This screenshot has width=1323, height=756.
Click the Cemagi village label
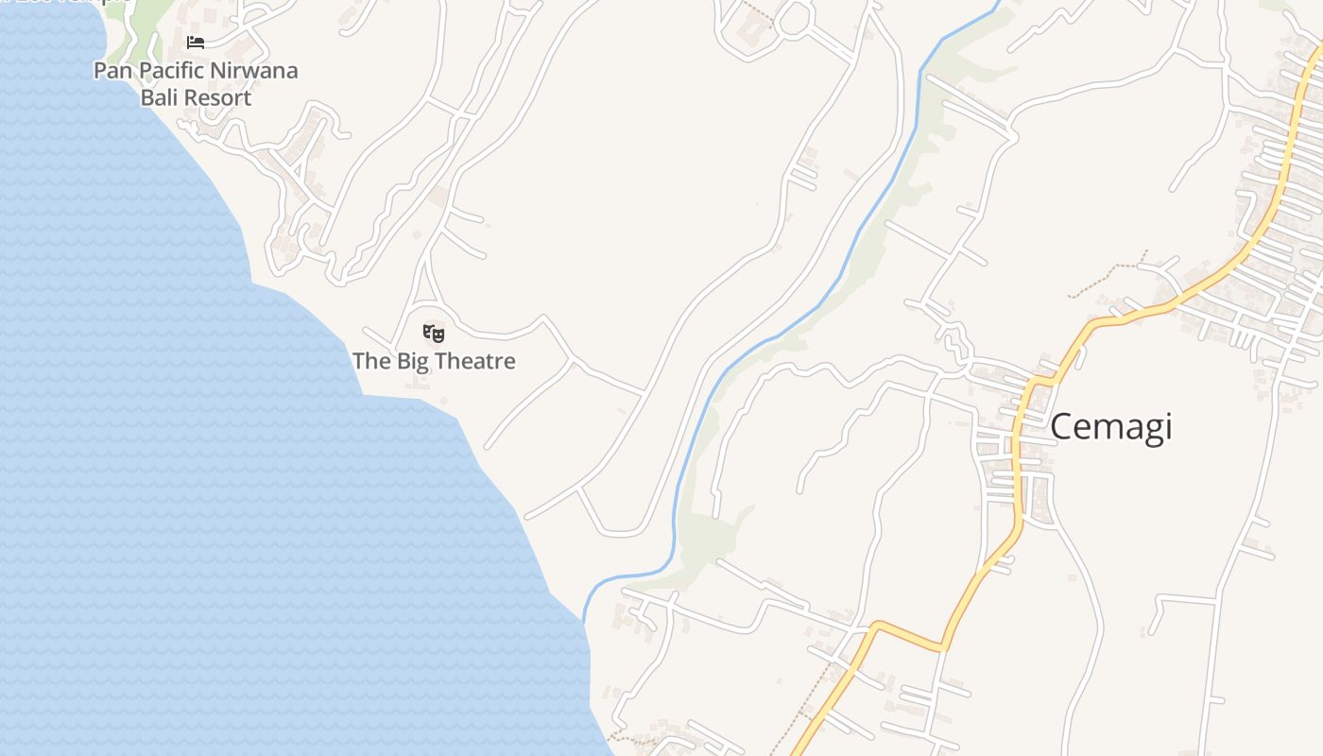tap(1110, 427)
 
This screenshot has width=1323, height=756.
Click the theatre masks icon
tap(434, 333)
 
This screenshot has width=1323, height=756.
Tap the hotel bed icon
tap(196, 43)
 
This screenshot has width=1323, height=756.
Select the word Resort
tap(216, 98)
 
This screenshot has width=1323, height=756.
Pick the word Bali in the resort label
tap(159, 98)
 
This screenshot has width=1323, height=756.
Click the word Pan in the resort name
tap(111, 71)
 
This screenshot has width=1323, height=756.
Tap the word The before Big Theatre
tap(369, 361)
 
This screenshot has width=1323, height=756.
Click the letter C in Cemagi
tap(1062, 427)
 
